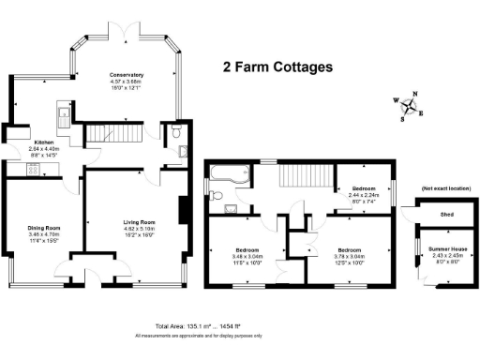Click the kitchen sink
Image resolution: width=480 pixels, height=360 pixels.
pyautogui.click(x=61, y=117)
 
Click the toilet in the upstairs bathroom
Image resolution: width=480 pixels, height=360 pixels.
pyautogui.click(x=217, y=196)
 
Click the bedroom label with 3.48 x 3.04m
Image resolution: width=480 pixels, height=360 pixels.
pyautogui.click(x=247, y=255)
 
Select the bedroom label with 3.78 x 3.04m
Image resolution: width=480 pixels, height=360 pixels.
pyautogui.click(x=350, y=255)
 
